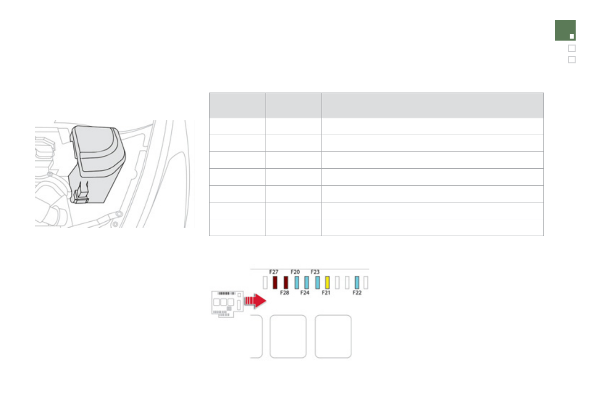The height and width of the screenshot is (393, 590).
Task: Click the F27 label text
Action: [x=273, y=272]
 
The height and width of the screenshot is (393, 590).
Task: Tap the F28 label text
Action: [x=284, y=293]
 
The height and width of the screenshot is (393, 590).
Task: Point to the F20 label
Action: [x=295, y=272]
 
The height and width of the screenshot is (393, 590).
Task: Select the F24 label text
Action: [x=305, y=293]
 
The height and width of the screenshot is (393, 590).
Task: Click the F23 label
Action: [x=315, y=272]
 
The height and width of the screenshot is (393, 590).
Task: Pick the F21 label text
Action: [x=326, y=293]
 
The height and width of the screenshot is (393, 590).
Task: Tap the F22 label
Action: [x=357, y=293]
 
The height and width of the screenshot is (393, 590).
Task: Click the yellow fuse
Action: [x=327, y=283]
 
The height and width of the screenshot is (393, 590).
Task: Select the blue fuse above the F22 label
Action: [x=357, y=283]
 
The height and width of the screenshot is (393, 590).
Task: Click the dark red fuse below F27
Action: [x=275, y=283]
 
